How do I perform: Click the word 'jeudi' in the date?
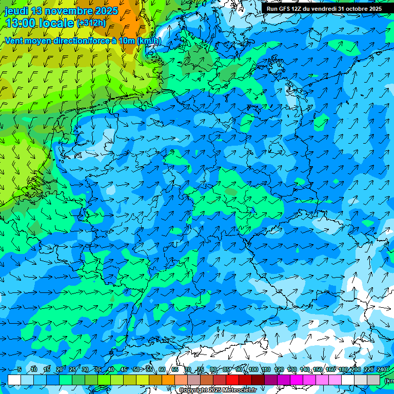click(16, 11)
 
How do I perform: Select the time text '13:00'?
click(21, 23)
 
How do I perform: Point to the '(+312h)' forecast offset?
click(91, 23)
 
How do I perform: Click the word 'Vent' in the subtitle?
click(15, 41)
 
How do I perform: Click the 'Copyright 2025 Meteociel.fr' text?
click(218, 390)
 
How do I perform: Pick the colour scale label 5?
click(19, 369)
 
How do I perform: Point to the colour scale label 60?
click(162, 369)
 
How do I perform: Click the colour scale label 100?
click(253, 369)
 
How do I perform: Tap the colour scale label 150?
click(318, 369)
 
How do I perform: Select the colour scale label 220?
click(369, 369)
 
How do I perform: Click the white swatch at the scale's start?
click(14, 380)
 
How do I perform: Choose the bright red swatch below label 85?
click(232, 380)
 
